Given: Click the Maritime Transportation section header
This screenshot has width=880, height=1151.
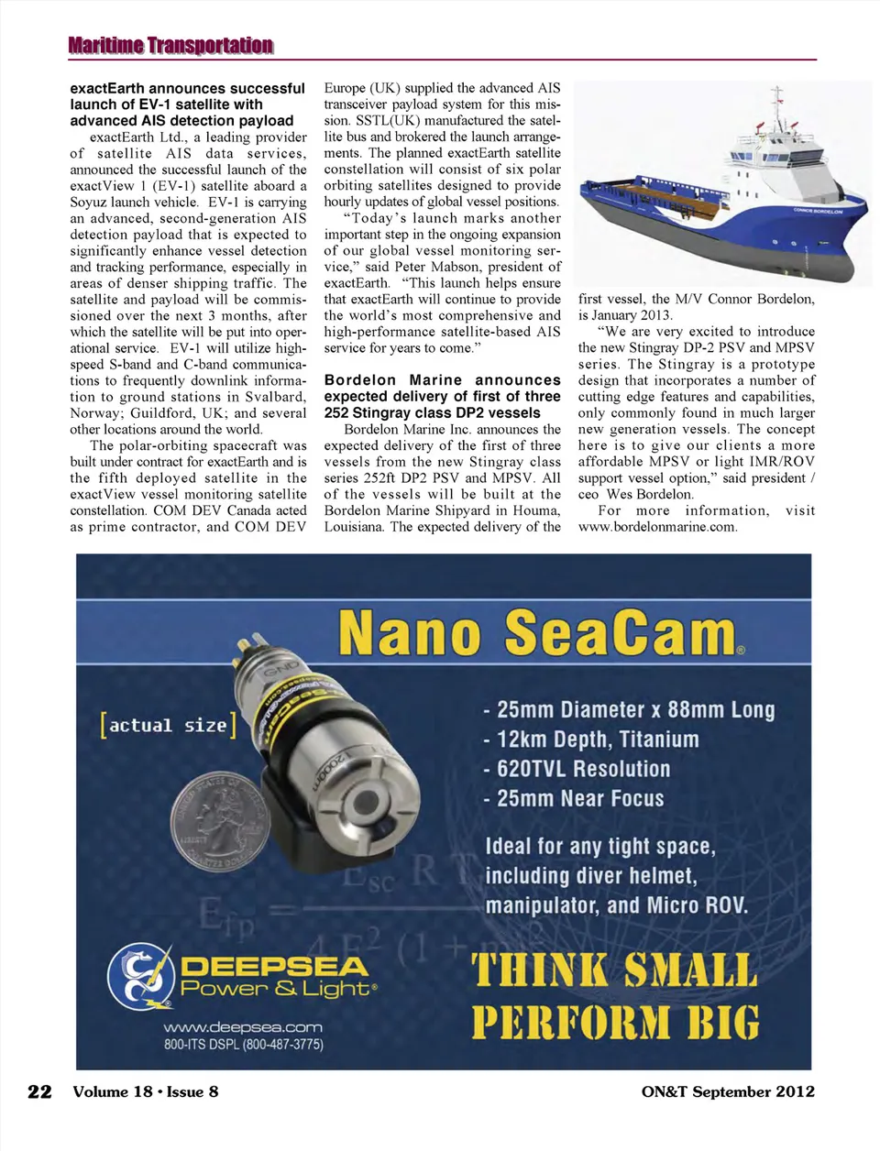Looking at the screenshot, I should click(x=170, y=45).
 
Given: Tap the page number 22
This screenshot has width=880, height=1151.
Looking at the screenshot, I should click(x=39, y=1091).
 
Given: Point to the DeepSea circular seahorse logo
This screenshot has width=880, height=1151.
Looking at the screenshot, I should click(x=140, y=978).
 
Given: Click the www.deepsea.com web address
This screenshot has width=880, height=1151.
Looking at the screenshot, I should click(x=243, y=1027).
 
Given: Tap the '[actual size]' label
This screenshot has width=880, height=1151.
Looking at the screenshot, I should click(x=168, y=726).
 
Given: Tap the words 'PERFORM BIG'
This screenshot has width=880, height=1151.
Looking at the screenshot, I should click(x=615, y=1023).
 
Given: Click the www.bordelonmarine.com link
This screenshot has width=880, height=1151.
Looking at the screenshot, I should click(x=657, y=527).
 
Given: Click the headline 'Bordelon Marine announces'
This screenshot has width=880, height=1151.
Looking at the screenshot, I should click(x=442, y=379).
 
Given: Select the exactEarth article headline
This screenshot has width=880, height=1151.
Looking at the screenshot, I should click(x=187, y=104).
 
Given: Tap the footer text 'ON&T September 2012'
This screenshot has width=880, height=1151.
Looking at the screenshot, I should click(x=727, y=1091).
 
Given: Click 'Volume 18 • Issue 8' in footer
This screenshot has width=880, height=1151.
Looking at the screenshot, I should click(x=146, y=1091).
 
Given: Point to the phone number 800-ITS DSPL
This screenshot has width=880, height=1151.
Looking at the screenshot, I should click(x=243, y=1045).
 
